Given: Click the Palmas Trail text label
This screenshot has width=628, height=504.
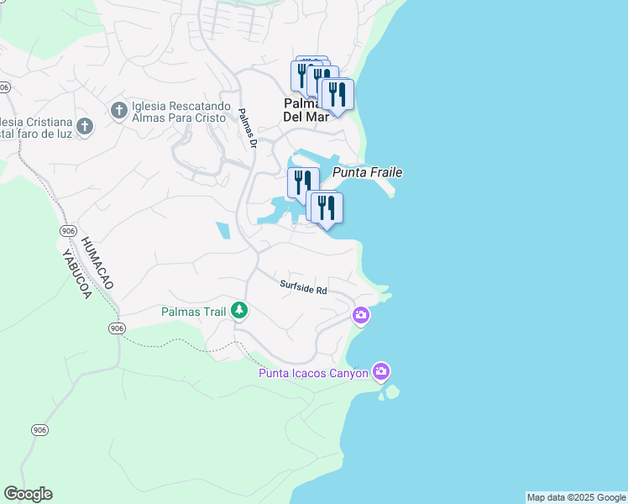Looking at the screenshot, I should [193, 312].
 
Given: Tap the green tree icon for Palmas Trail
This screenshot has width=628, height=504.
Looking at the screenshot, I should [239, 311].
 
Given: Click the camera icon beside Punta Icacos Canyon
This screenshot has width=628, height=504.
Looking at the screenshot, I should [381, 371].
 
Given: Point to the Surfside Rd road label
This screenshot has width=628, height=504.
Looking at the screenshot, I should [303, 287].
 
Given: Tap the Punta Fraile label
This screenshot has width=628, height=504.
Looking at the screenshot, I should [368, 172].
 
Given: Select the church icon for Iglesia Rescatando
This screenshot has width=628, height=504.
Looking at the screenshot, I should [118, 110].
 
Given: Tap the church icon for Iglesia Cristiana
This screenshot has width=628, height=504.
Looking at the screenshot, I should [83, 127].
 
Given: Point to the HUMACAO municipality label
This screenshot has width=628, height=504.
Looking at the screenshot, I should [99, 262].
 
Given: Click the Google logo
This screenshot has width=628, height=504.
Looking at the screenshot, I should [28, 494].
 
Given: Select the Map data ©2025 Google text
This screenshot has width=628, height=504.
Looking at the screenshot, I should [576, 497].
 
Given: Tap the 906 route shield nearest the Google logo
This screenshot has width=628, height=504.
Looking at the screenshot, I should [39, 430].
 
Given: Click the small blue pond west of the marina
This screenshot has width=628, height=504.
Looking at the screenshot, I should [222, 230].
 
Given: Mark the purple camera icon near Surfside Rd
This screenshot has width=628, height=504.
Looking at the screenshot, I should [361, 316].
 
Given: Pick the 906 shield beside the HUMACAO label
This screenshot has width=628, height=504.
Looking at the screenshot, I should [68, 230].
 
